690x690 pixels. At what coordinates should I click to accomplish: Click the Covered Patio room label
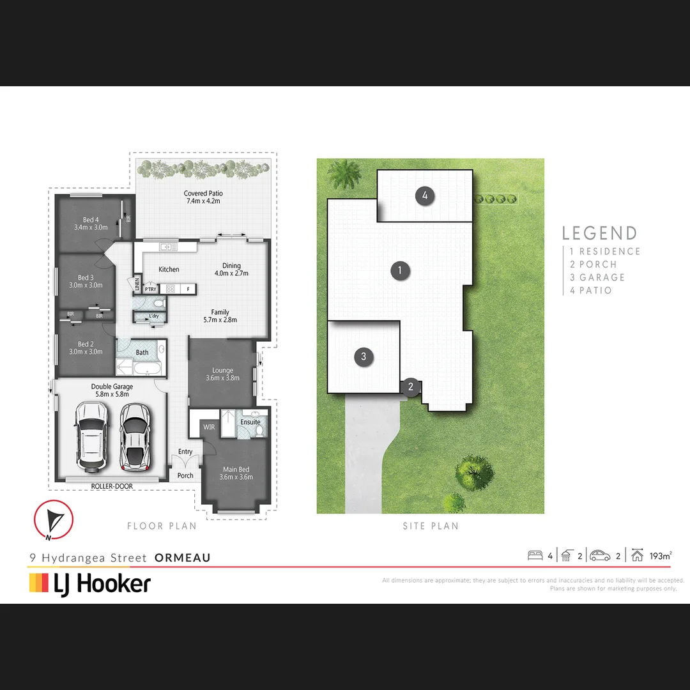tap(203, 197)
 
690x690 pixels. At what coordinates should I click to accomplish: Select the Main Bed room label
tap(236, 473)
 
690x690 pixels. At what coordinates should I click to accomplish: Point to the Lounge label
tap(222, 374)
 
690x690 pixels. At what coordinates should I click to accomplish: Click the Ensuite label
tap(250, 422)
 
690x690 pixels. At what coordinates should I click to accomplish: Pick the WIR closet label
tap(208, 427)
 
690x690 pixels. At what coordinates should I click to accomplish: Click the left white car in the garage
tap(91, 438)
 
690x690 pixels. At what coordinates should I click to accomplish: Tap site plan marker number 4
tap(425, 195)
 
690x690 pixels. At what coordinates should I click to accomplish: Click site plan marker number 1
tap(400, 270)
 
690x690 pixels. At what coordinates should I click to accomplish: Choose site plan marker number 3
tap(364, 356)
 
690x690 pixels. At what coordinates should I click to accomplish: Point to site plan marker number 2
tap(411, 386)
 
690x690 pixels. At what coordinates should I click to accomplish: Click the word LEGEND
tap(599, 233)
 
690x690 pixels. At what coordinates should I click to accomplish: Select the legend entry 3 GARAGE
tap(597, 277)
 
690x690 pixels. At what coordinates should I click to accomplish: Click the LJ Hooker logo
tap(90, 583)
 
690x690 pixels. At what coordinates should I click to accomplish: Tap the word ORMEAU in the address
tap(183, 558)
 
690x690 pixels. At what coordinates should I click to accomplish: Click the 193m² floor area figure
tap(660, 556)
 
